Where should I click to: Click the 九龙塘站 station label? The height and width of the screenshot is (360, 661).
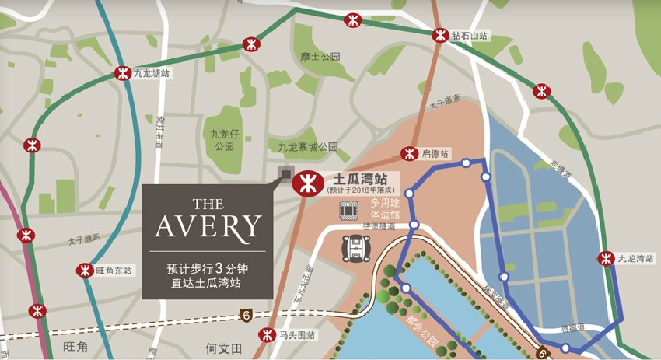(152, 74)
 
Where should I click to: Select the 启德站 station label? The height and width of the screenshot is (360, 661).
(435, 154)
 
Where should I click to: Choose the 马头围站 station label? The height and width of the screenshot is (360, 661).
(299, 335)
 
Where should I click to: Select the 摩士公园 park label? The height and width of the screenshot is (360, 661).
(320, 58)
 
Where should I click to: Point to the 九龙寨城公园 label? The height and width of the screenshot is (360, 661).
(308, 146)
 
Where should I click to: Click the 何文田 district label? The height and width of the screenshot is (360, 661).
(224, 348)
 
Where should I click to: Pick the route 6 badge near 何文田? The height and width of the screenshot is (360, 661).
(246, 316)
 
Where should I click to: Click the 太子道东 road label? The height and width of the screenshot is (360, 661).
(444, 102)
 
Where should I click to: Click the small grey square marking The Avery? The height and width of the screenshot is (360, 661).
(285, 174)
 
